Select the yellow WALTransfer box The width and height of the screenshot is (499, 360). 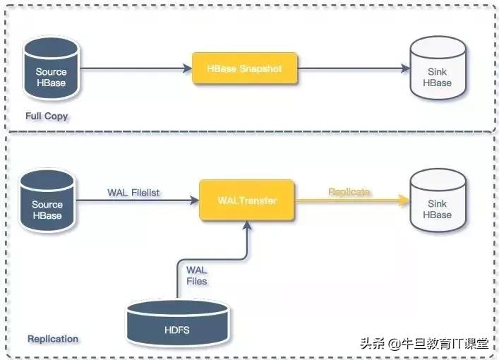coord(246,200)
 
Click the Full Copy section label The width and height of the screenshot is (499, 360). coord(46,116)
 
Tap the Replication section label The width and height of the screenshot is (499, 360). coord(53,339)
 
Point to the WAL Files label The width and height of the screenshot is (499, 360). coord(197,276)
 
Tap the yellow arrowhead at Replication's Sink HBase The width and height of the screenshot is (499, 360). coord(404,200)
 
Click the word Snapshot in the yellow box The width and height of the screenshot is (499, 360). coord(260,68)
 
